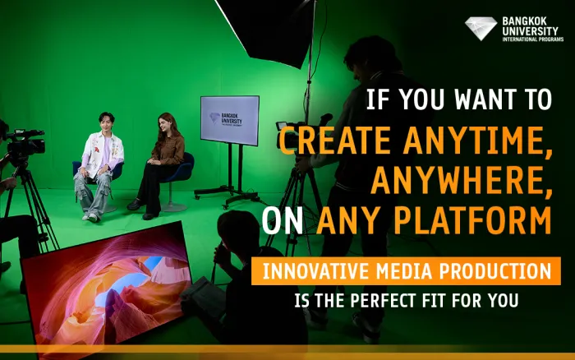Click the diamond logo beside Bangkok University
[x=482, y=29]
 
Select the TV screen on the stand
[x=229, y=120]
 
